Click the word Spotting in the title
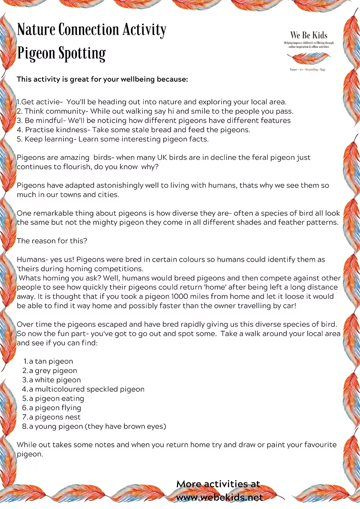(82, 54)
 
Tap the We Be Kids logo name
(309, 36)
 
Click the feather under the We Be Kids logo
(309, 58)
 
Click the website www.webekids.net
(219, 498)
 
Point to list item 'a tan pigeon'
(51, 361)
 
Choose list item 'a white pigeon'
(54, 380)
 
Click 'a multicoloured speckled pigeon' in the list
(86, 389)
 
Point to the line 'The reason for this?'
(52, 241)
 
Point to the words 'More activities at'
(218, 484)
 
